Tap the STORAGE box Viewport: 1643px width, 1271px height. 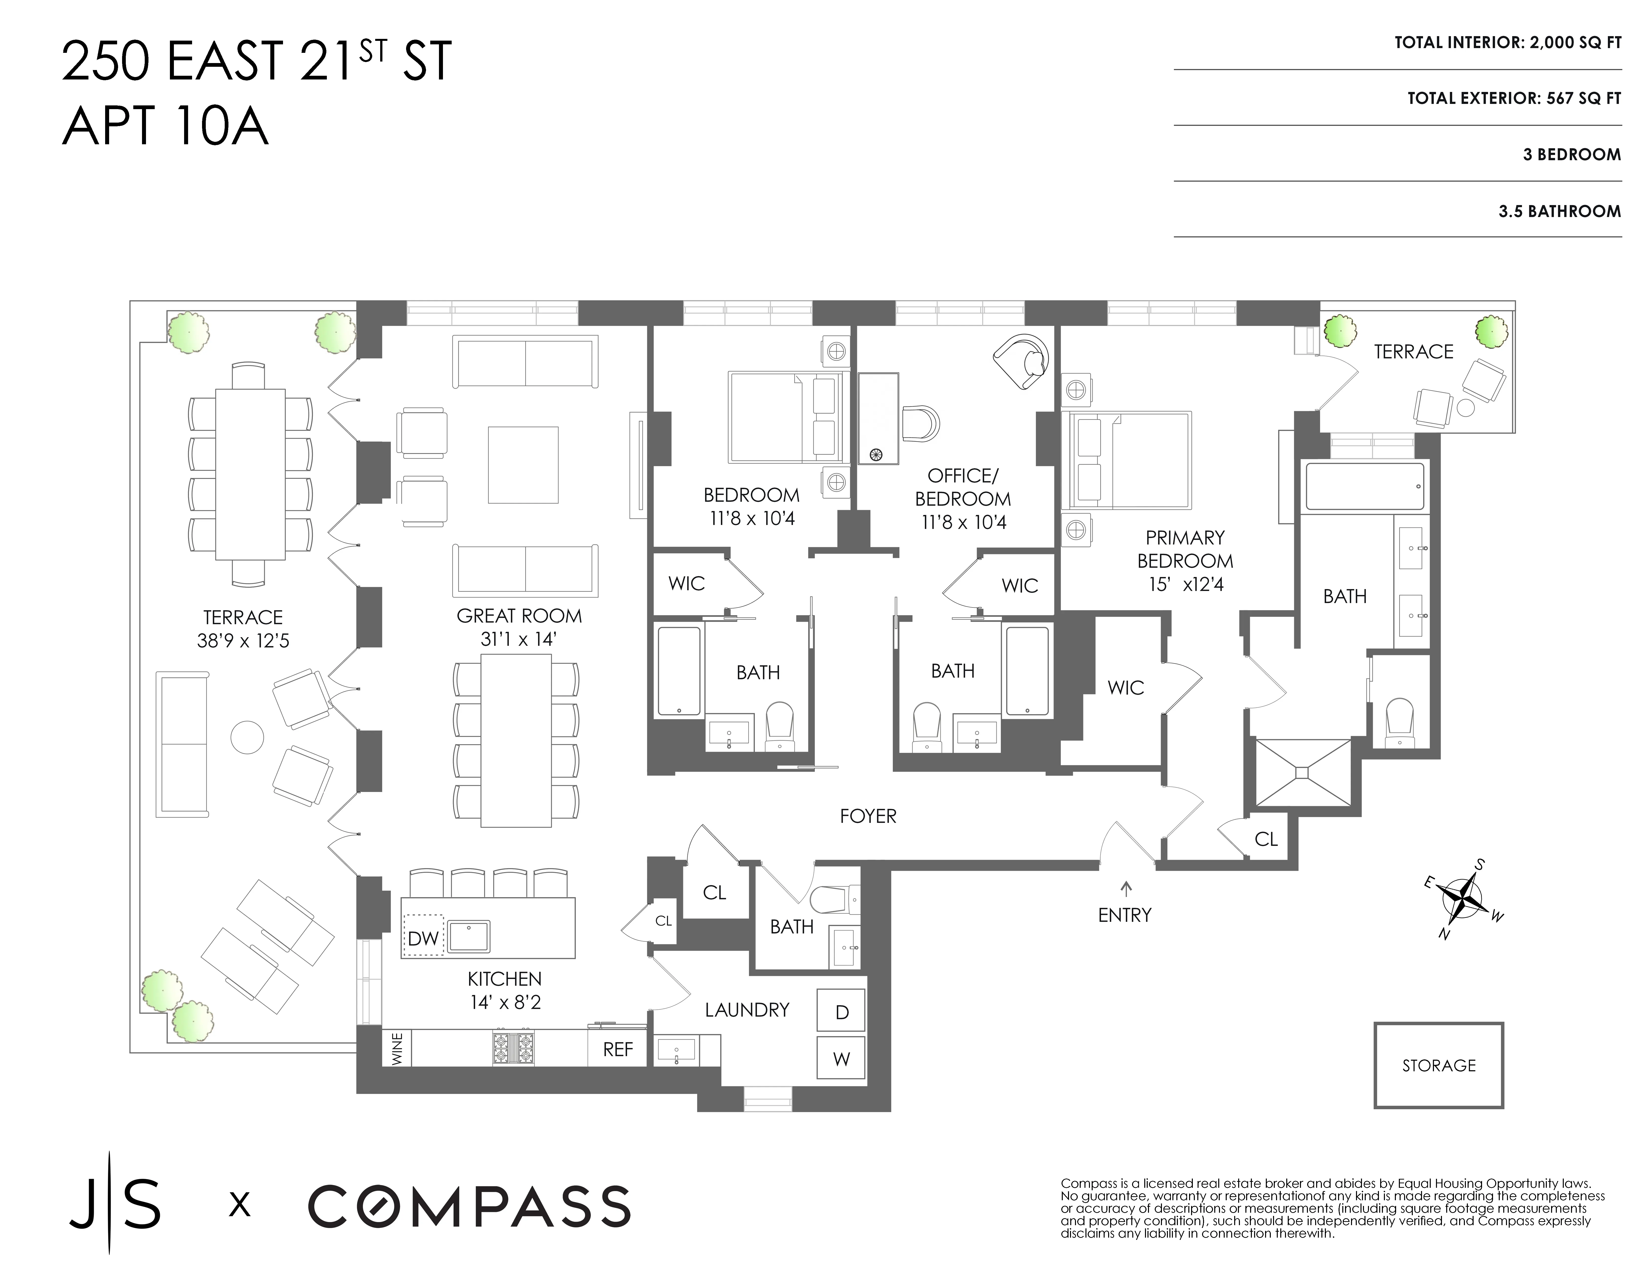tap(1438, 1065)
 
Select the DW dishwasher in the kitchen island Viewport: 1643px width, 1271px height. tap(424, 938)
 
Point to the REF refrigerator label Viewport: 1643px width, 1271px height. tap(618, 1049)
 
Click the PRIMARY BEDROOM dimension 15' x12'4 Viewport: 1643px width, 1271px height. tap(1186, 584)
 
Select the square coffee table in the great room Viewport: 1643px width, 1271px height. tap(523, 464)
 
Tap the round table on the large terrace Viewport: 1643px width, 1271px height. tap(247, 738)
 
